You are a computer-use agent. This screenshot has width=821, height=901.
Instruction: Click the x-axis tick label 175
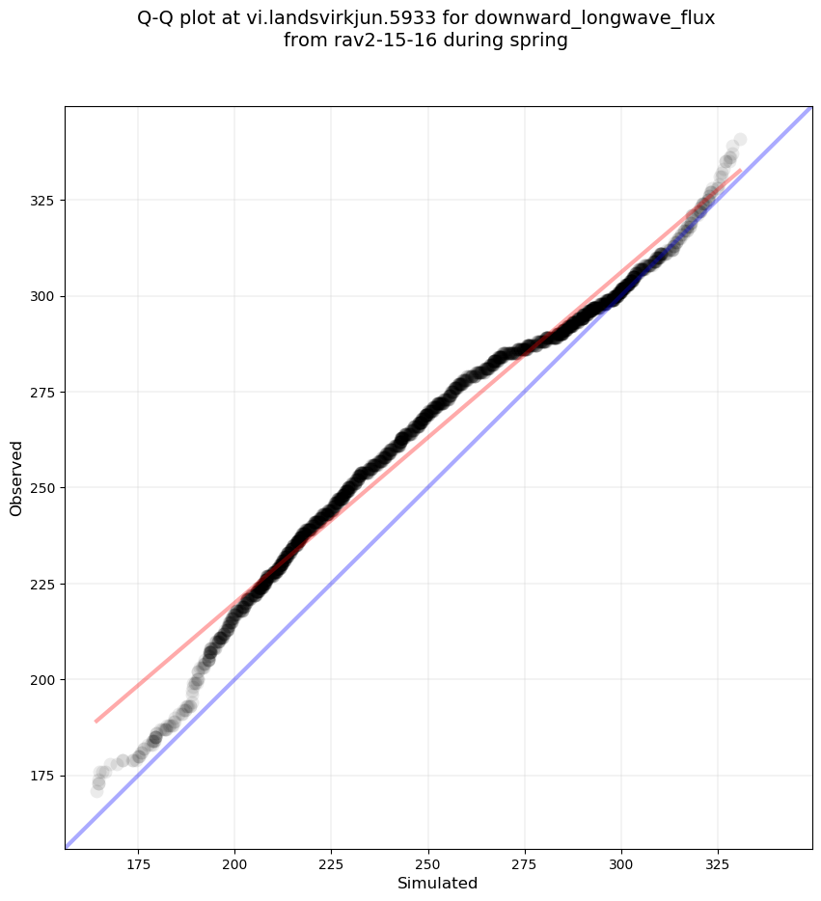138,862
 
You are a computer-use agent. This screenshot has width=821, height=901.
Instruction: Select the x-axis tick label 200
234,862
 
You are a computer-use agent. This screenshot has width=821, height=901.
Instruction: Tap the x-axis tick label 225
331,862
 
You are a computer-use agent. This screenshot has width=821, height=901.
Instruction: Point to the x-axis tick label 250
427,862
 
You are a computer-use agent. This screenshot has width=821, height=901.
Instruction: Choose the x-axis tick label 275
525,862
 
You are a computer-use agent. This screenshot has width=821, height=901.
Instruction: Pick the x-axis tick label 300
621,862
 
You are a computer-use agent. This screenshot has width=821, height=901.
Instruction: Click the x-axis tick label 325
718,862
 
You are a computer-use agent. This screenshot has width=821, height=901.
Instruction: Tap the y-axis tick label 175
43,776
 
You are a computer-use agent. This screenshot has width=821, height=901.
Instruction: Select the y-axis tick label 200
43,680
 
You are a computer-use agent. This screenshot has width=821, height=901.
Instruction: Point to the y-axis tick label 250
43,488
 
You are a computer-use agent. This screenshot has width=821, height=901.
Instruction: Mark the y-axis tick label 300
43,296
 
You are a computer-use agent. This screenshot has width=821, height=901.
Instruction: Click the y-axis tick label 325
43,201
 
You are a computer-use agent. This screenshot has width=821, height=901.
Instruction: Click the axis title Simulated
438,883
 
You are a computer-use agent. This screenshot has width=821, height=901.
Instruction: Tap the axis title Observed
16,478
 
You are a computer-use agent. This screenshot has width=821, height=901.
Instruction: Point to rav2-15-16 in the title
372,41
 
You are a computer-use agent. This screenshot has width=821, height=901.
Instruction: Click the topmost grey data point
740,140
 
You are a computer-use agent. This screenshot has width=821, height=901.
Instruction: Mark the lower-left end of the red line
96,721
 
